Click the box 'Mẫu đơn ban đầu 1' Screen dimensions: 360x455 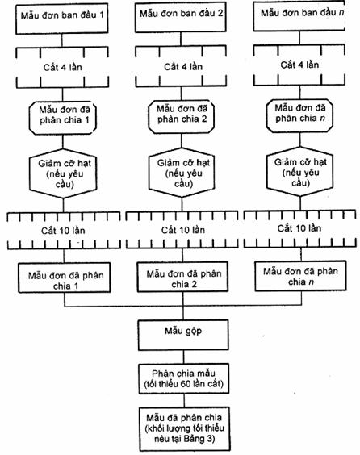[62, 19]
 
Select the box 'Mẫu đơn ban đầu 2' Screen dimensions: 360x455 [180, 18]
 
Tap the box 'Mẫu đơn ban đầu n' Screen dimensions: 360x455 [299, 16]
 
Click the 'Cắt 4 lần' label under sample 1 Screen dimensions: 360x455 [62, 67]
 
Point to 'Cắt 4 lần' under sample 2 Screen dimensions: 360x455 [183, 67]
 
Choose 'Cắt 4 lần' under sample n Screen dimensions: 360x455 [299, 65]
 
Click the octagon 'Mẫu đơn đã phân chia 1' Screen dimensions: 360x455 [63, 119]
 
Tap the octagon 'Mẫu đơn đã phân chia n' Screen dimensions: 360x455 [299, 116]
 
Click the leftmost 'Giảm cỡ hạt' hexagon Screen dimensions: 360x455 [63, 173]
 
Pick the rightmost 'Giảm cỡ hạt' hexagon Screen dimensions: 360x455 [300, 172]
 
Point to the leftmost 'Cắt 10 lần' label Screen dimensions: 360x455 [63, 231]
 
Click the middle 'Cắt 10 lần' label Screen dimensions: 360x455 [183, 230]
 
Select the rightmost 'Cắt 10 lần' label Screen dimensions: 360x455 [299, 228]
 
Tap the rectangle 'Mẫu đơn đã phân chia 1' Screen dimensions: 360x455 [64, 278]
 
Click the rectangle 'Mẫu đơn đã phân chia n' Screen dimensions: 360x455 [300, 276]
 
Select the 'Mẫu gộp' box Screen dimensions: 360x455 [183, 335]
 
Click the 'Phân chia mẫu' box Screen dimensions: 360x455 [184, 379]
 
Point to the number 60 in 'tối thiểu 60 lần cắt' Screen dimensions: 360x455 [185, 384]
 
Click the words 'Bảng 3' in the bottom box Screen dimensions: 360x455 [199, 438]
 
